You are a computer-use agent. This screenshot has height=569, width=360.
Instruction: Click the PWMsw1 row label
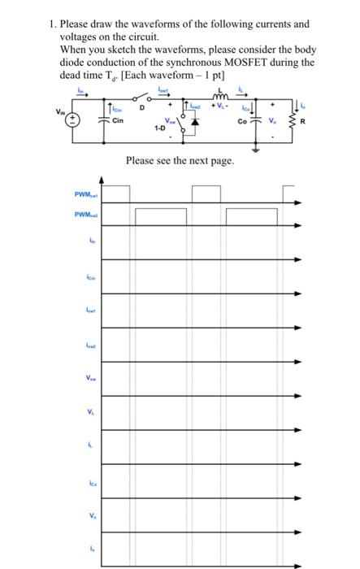click(85, 194)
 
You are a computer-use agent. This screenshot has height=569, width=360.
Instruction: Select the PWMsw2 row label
click(85, 215)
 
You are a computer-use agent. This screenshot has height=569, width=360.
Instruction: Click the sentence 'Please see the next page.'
click(180, 161)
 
